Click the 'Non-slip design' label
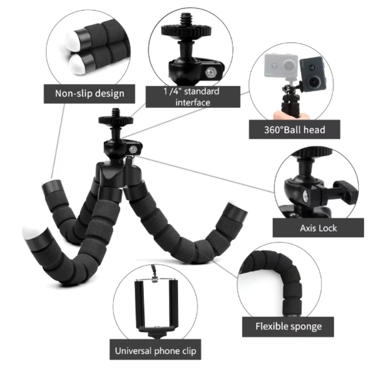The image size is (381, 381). [90, 94]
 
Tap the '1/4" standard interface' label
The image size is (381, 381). [193, 97]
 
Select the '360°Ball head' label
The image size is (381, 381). [294, 130]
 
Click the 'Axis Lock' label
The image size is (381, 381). [318, 228]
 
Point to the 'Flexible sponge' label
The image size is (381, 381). [288, 327]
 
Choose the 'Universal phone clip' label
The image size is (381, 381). [156, 351]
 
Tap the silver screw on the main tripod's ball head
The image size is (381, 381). [133, 150]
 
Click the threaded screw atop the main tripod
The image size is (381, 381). [116, 113]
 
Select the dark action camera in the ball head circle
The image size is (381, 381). [312, 73]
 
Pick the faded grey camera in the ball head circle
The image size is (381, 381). [281, 66]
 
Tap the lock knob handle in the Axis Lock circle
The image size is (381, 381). [347, 190]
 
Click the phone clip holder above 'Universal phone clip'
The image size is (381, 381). [156, 307]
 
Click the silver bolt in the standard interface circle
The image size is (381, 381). [210, 72]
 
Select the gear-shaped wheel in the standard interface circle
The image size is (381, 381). [186, 30]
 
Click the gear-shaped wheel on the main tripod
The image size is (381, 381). [116, 120]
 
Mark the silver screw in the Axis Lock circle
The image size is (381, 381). [305, 196]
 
